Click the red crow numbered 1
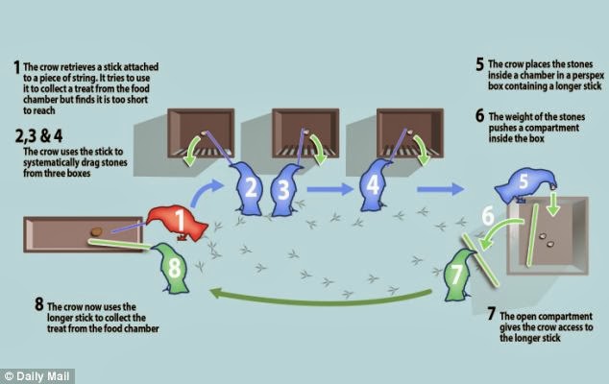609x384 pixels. [x=181, y=224]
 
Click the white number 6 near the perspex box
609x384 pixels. [x=488, y=216]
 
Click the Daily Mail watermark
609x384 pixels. [x=37, y=373]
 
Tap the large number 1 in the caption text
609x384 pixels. [x=15, y=67]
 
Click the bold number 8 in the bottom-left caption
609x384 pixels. [x=38, y=304]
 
